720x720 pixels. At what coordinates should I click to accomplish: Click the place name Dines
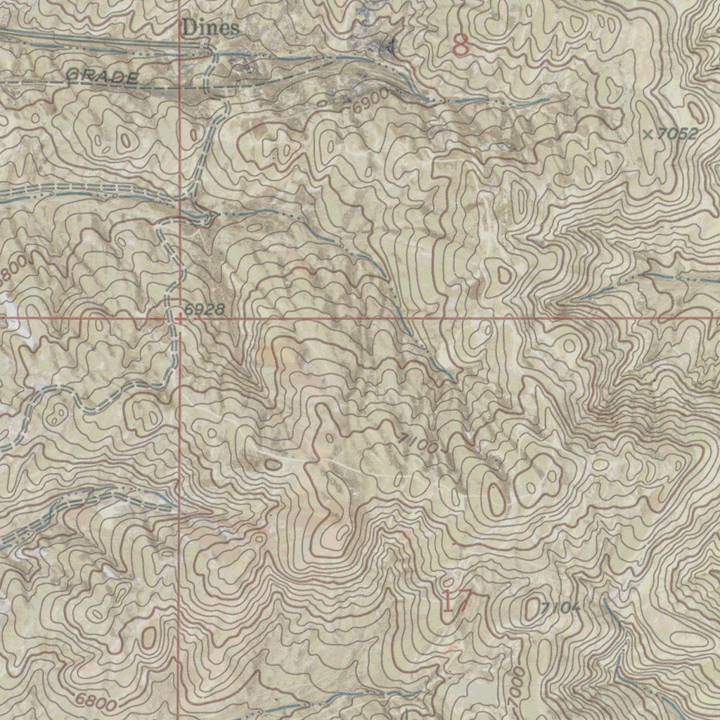coord(210,28)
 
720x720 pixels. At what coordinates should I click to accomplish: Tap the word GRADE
coord(103,77)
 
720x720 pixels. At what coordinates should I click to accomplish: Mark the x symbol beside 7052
coord(648,133)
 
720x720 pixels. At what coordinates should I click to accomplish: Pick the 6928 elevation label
coord(205,309)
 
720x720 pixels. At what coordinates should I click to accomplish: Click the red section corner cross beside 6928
coord(179,318)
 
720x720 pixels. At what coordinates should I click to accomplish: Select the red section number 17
coord(456,602)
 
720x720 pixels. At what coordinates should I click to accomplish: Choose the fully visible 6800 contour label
coord(97,700)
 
